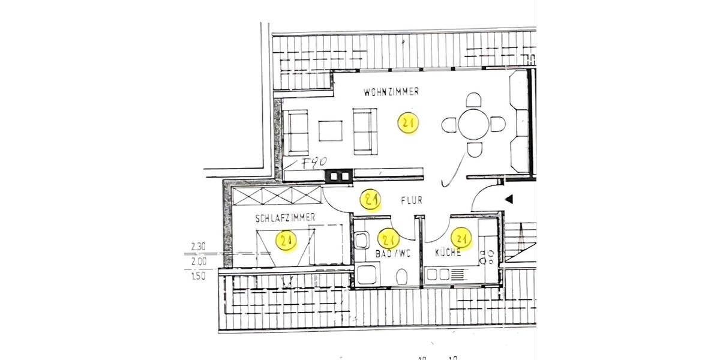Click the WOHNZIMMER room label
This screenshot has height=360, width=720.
tap(391, 92)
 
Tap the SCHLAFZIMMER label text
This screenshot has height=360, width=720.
tap(285, 218)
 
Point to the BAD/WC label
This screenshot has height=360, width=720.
tap(392, 253)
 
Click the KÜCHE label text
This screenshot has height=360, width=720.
tap(448, 253)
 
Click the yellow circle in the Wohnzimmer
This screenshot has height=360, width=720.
tap(409, 124)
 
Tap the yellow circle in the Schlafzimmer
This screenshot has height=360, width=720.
tap(286, 241)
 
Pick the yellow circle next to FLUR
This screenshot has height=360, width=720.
tap(371, 199)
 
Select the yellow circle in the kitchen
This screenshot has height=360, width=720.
tap(463, 238)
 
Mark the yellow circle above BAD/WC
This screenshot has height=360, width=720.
tap(390, 239)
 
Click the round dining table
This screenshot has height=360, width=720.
tap(473, 125)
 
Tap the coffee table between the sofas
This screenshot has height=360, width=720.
tap(330, 131)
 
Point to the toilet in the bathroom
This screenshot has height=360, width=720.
tap(403, 277)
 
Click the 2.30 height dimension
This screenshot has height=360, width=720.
tap(198, 246)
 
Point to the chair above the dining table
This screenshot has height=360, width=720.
tap(474, 100)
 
